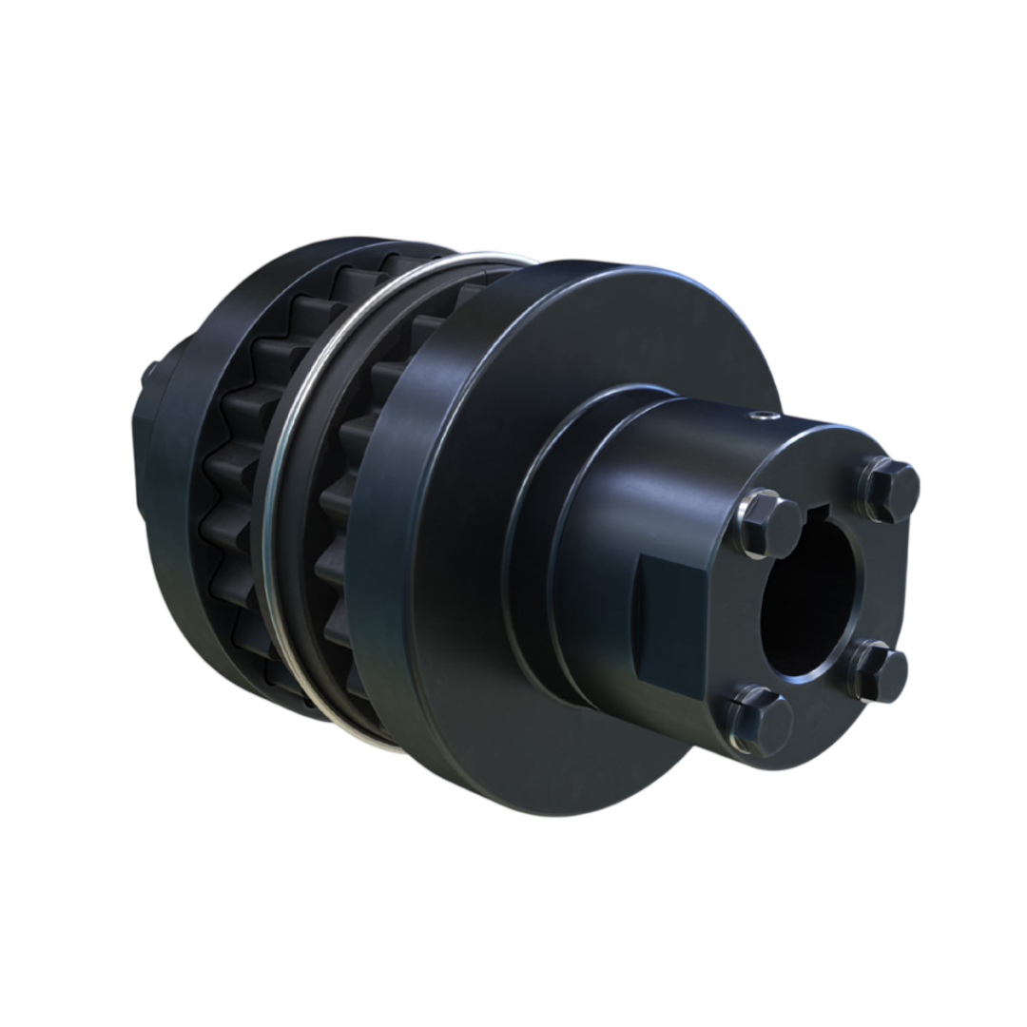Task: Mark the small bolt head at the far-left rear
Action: tap(149, 373)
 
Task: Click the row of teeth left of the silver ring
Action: tap(233, 475)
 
